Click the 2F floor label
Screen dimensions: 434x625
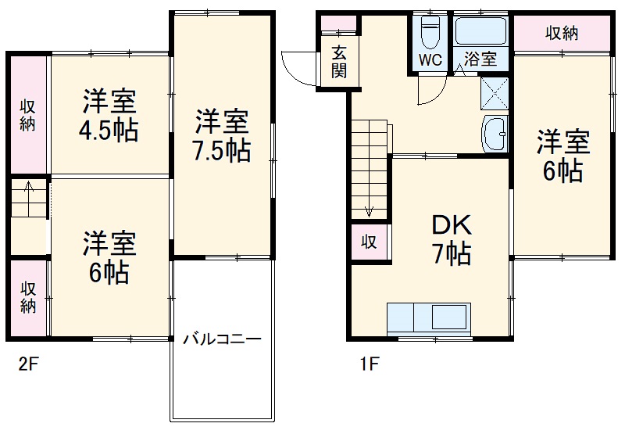tap(29, 364)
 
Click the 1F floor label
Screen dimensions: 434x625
tap(370, 364)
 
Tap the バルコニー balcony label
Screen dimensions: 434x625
tap(222, 339)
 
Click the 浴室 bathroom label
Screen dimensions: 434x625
tap(480, 59)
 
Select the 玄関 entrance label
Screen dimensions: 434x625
tap(338, 63)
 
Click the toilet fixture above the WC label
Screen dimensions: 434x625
tap(430, 33)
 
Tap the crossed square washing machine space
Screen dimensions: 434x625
tap(494, 92)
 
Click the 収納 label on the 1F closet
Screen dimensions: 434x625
tap(561, 33)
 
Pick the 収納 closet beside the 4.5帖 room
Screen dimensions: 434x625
tap(28, 114)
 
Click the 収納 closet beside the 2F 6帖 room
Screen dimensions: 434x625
tap(28, 297)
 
